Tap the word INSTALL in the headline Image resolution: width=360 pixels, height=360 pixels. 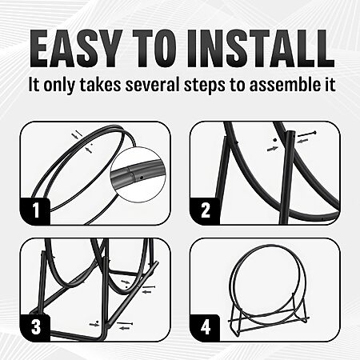coord(261,48)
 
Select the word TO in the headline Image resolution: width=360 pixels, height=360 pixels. coord(155,48)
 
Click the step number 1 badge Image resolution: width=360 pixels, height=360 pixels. coord(35,210)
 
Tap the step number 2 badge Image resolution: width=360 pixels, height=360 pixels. coord(205,210)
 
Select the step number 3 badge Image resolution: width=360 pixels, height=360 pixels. coord(35,327)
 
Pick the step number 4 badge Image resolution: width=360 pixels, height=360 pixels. coord(205,327)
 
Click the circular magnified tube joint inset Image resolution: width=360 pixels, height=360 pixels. coord(138,174)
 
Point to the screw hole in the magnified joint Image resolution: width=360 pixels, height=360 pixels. coord(142,177)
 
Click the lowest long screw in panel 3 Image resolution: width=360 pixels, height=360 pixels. coord(125,323)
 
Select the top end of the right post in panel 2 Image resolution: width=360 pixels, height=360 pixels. coord(290,132)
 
